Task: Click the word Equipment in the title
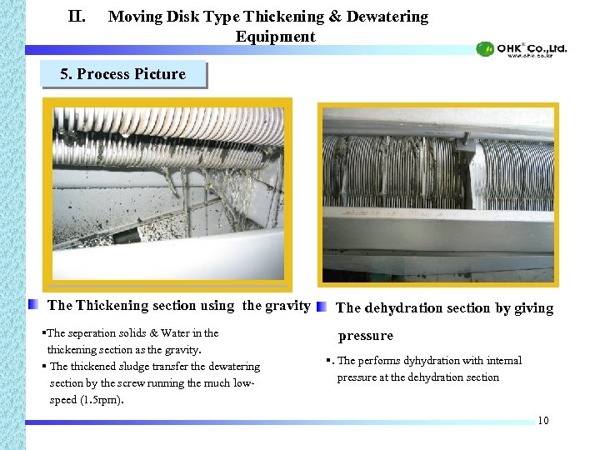coord(275,37)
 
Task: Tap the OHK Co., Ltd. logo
coord(522,49)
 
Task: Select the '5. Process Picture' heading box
coord(123,74)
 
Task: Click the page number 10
coord(543,420)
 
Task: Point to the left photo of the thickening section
coord(168,188)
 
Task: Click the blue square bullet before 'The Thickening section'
coord(33,305)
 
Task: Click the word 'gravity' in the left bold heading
coord(287,306)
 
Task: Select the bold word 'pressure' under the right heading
coord(365,336)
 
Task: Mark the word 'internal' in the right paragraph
coord(502,361)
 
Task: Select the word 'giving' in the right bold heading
coord(533,308)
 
